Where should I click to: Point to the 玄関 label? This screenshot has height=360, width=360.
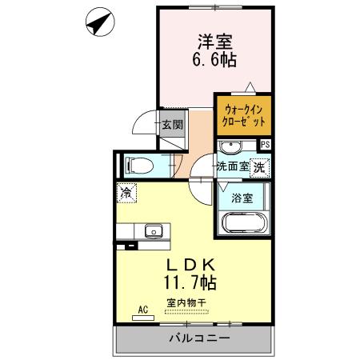(171, 124)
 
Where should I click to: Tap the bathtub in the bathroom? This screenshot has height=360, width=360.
(242, 222)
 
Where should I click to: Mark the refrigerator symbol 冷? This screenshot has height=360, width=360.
(126, 192)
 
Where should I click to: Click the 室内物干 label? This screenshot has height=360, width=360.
(186, 302)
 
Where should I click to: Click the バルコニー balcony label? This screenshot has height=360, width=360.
(195, 338)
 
